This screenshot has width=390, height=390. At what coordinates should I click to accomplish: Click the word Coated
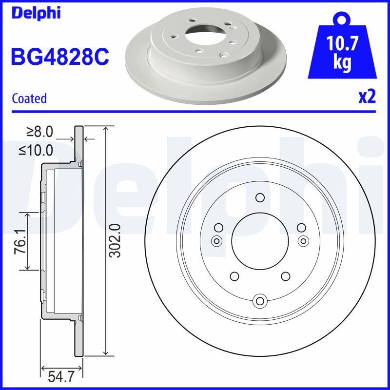pos(29,98)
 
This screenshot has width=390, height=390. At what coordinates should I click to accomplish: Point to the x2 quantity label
pos(367,97)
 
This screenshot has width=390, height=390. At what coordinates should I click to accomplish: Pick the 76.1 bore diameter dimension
pos(19,241)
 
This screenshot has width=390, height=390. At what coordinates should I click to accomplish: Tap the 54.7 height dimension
pos(61,376)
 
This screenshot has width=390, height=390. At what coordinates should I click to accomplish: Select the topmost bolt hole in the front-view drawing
pos(260,197)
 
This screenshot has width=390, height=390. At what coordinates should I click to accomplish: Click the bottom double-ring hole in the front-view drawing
pos(260,300)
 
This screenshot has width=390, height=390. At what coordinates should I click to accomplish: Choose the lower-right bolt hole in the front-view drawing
pos(285,276)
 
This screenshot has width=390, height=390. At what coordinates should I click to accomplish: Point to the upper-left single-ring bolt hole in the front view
pos(218,227)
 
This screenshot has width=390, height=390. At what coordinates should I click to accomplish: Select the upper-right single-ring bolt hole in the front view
pos(301,227)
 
